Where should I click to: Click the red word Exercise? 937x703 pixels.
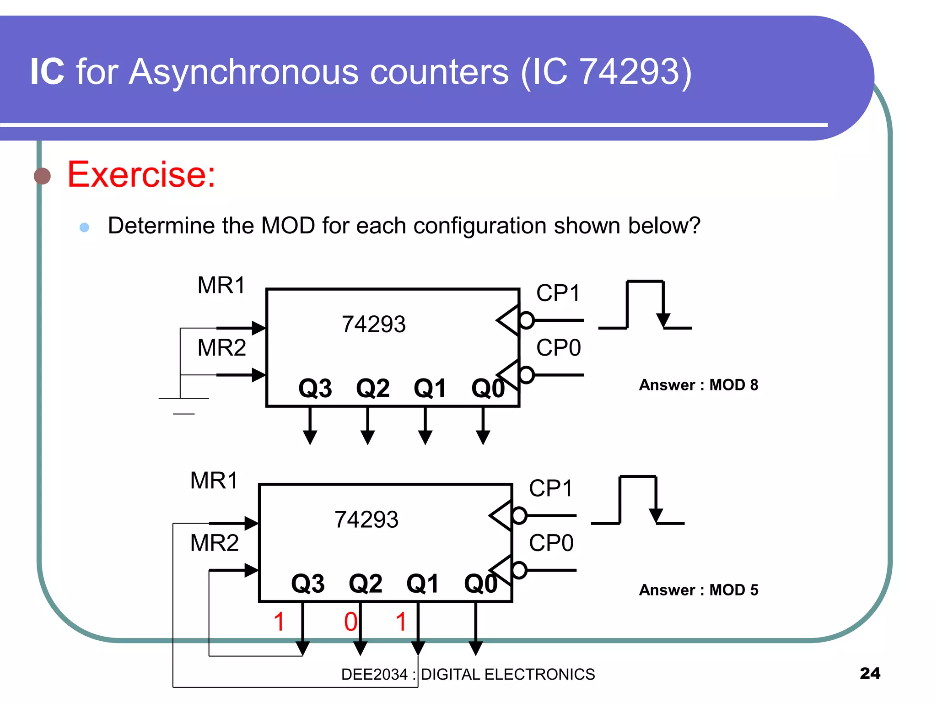point(141,175)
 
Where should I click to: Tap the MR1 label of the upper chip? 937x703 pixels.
point(221,285)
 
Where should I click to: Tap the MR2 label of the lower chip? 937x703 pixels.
point(214,543)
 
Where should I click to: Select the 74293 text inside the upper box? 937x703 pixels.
point(373,324)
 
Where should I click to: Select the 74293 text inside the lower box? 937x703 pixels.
point(366,520)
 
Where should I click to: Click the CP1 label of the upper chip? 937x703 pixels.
point(558,293)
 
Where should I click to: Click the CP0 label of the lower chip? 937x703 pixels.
point(551,543)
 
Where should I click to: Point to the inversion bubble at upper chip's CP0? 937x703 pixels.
point(527,375)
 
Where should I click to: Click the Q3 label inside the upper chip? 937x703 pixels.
point(315,389)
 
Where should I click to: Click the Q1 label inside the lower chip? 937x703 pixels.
point(423,584)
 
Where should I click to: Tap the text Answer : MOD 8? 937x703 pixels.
point(698,385)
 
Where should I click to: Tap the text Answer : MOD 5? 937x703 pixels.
point(698,590)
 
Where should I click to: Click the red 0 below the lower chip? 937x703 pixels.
point(350,622)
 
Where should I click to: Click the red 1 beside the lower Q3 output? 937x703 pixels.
point(279,622)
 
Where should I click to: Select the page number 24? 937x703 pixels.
point(870,673)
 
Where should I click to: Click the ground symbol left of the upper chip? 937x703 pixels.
point(183,405)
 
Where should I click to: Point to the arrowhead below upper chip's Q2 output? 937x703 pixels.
point(367,437)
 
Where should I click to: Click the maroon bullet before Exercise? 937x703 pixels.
point(43,176)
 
